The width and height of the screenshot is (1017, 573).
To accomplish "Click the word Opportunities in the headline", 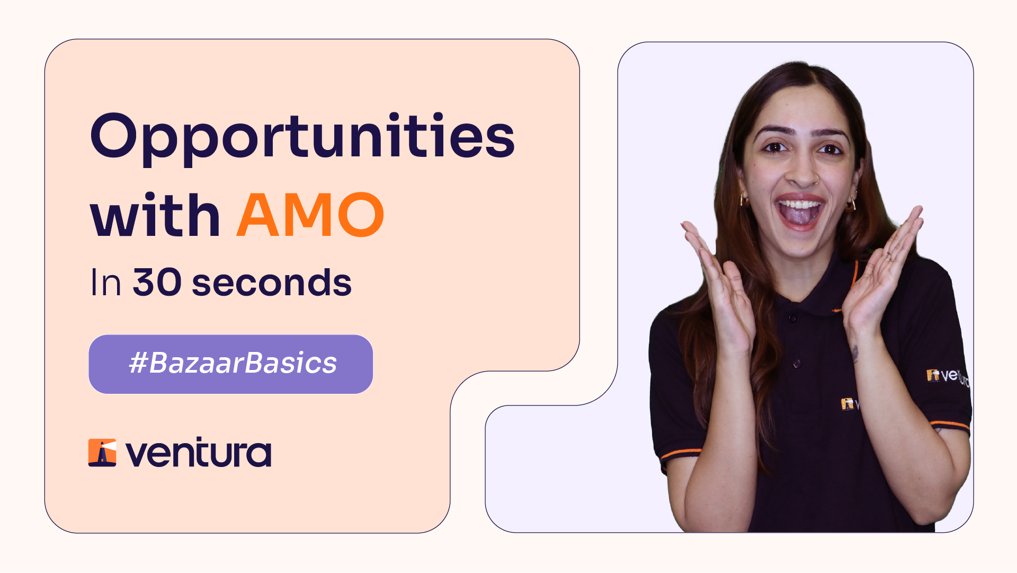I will (x=302, y=136).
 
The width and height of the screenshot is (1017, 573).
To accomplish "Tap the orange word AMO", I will (x=310, y=215).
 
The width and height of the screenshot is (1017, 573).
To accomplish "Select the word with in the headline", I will (x=155, y=215).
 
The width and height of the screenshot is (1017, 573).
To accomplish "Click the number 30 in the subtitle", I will (x=157, y=282).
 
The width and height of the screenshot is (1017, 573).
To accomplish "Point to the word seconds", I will (x=272, y=283).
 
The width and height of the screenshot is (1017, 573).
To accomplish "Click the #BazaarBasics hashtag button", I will (x=231, y=364).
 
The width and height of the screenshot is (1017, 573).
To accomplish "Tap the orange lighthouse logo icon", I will (x=102, y=453).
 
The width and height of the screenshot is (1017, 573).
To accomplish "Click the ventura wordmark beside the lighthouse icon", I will (x=198, y=453).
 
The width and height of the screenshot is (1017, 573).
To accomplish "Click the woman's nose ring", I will (x=816, y=180).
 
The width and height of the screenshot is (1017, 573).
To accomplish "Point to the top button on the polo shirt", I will (x=792, y=319).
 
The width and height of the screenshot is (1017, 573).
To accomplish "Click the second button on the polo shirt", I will (x=796, y=364).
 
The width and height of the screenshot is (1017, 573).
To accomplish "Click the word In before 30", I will (x=106, y=283).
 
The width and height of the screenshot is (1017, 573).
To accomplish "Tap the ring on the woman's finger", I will (x=889, y=257).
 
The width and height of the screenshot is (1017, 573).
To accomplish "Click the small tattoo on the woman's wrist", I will (x=854, y=353).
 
